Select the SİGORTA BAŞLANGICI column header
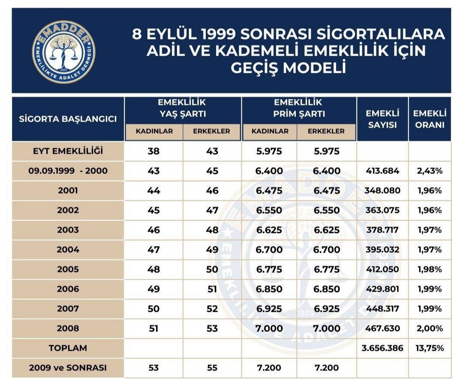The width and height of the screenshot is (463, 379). [x=68, y=119]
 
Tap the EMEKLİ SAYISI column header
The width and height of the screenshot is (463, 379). [x=382, y=119]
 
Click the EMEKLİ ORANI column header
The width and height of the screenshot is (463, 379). [x=430, y=119]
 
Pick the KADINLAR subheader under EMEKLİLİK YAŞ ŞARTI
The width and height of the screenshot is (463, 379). [x=154, y=131]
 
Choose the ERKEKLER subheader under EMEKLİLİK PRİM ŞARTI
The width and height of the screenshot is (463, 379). [x=326, y=131]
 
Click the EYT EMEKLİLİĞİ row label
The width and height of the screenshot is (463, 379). [x=68, y=151]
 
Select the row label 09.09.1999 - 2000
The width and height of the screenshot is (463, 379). [x=68, y=171]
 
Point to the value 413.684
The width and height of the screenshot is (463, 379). [x=382, y=171]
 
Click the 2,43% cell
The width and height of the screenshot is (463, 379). [x=430, y=171]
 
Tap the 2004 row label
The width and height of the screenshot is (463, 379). [x=68, y=250]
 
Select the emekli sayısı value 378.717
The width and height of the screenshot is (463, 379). [x=382, y=230]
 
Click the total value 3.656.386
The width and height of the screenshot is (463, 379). [x=382, y=348]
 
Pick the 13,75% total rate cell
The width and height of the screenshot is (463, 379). [x=430, y=348]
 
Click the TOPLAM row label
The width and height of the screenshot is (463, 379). [x=68, y=348]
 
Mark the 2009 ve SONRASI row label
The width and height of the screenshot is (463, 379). [x=68, y=368]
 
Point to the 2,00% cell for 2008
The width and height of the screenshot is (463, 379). [x=430, y=328]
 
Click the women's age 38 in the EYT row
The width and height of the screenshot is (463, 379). [x=153, y=151]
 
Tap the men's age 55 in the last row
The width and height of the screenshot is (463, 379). [x=212, y=368]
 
